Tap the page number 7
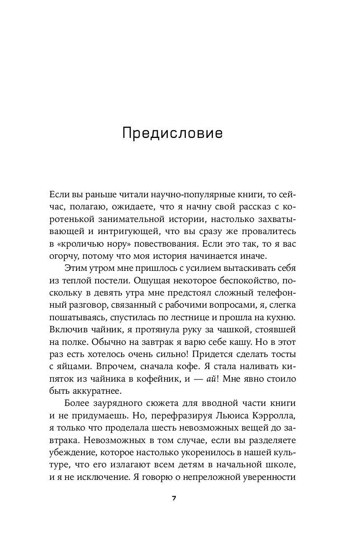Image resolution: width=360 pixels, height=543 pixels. (x=174, y=499)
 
